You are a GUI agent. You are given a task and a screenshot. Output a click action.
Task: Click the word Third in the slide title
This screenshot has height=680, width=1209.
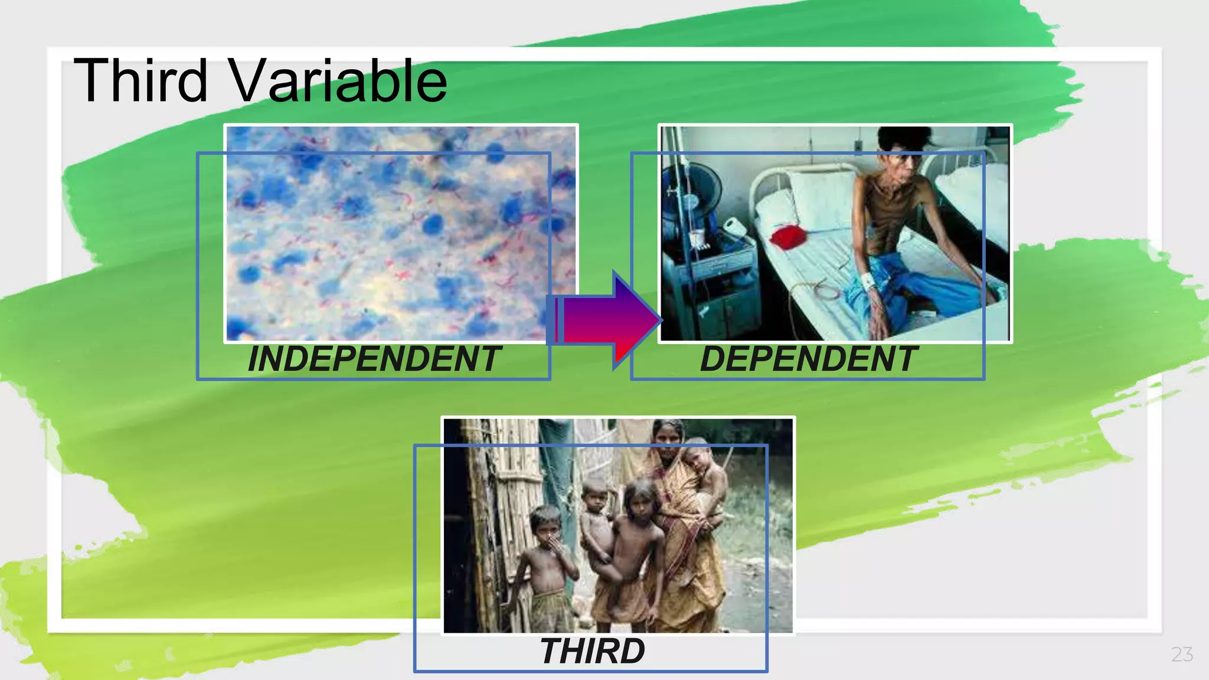click(x=140, y=81)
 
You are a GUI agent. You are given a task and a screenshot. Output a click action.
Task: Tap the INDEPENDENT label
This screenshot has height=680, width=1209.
click(x=374, y=359)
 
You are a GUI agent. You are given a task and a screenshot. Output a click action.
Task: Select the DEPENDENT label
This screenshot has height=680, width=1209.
click(x=808, y=359)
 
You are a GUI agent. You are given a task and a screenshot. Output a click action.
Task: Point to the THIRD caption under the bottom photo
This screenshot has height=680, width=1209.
click(x=592, y=651)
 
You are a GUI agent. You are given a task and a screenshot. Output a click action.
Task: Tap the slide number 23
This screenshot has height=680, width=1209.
click(x=1182, y=654)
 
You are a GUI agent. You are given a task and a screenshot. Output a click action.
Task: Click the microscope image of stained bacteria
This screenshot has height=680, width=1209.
click(x=400, y=233)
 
